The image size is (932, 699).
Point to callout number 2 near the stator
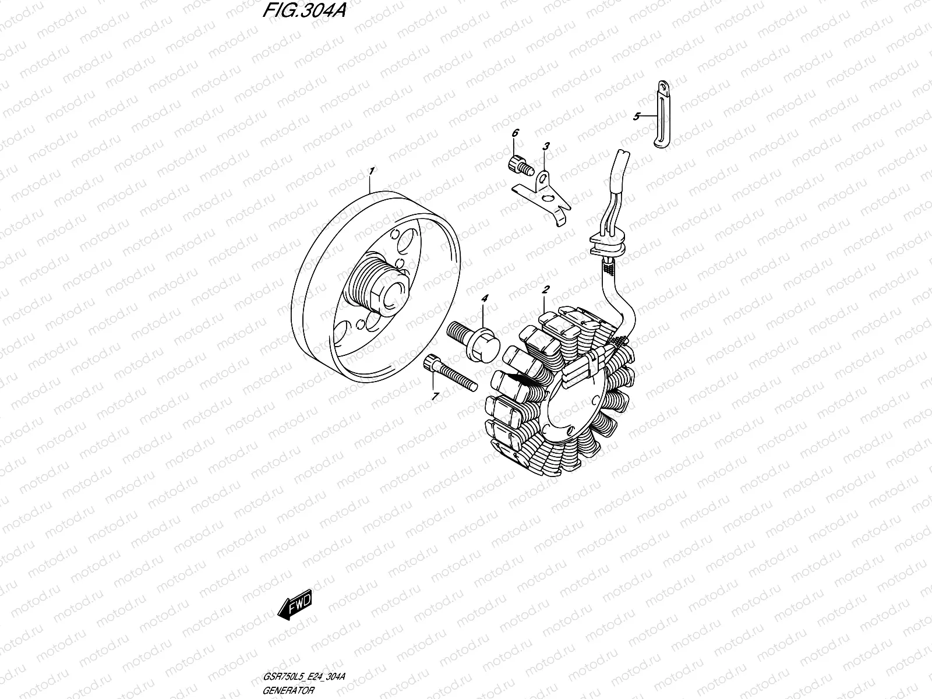click(x=546, y=290)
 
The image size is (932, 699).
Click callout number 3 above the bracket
click(x=546, y=146)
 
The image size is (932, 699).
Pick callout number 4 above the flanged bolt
click(x=485, y=298)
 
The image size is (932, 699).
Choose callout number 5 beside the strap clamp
click(x=637, y=116)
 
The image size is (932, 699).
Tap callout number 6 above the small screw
click(x=515, y=134)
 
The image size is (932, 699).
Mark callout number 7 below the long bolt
click(x=434, y=396)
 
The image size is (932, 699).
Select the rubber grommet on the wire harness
click(x=608, y=242)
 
